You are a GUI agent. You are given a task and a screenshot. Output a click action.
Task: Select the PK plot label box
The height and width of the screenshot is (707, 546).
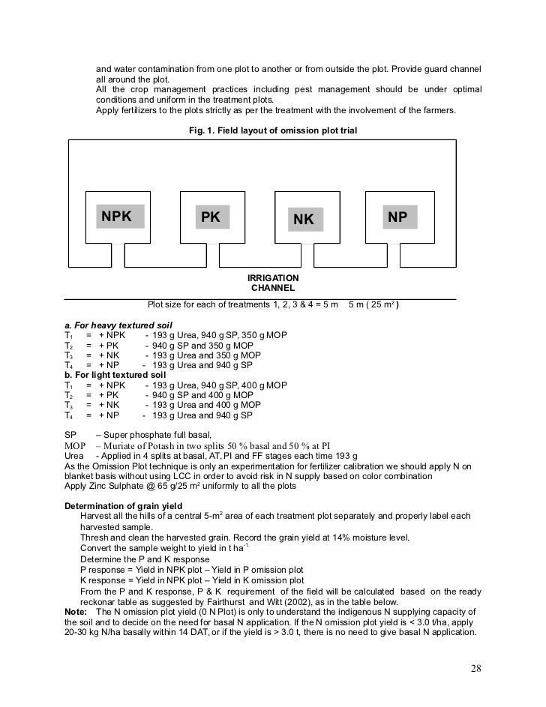(x=212, y=217)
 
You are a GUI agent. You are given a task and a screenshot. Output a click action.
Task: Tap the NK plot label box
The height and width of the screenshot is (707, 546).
(x=303, y=219)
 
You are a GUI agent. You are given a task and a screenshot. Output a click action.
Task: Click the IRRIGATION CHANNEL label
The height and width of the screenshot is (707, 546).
(x=273, y=283)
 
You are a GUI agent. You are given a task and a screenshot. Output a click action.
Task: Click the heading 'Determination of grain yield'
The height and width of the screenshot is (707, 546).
(x=124, y=506)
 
